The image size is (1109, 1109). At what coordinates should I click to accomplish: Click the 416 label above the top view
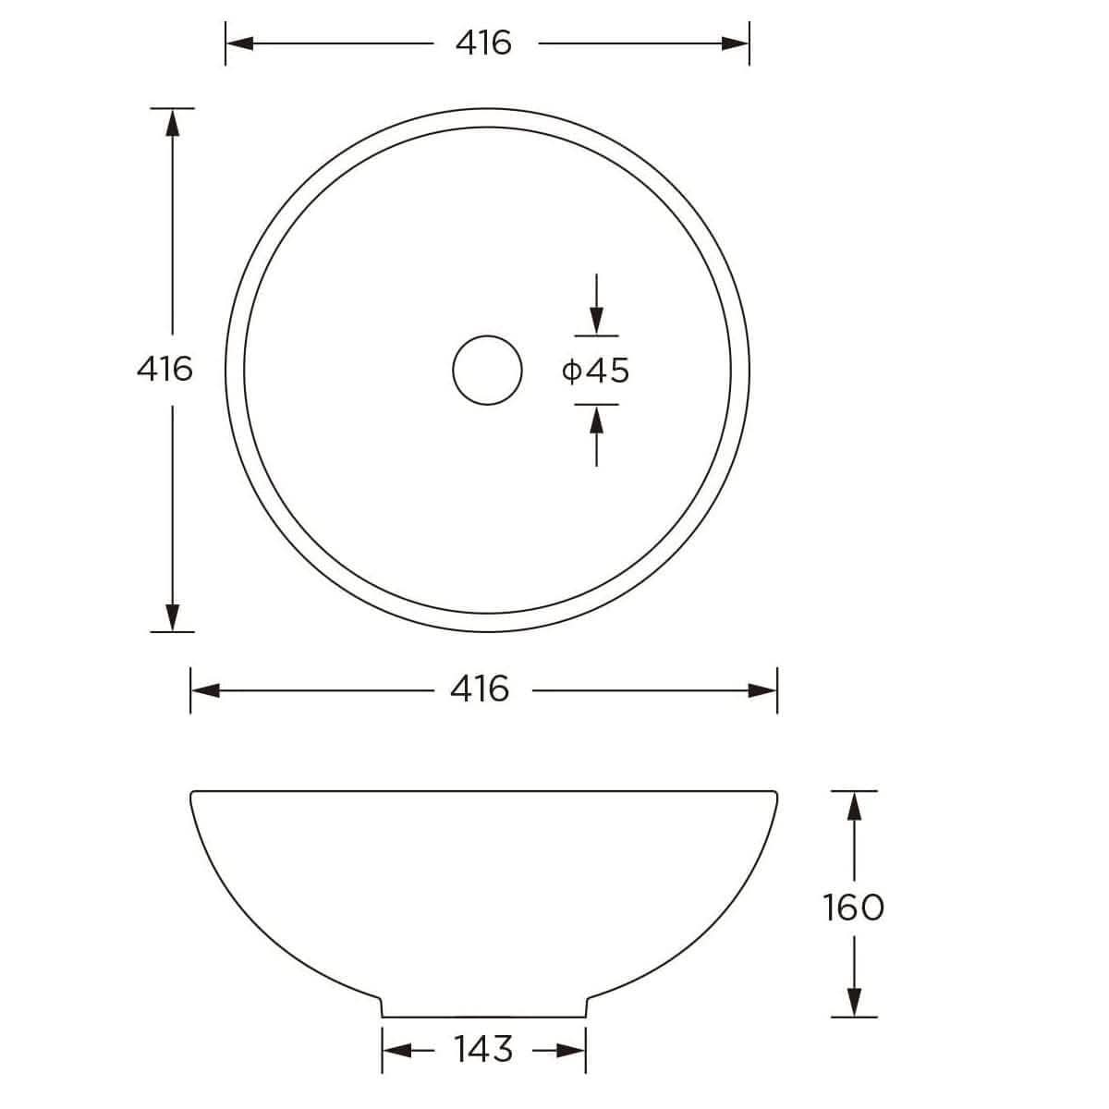coord(484,43)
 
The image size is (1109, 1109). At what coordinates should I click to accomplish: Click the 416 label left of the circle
coord(165,369)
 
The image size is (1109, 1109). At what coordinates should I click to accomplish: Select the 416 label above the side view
coord(480,689)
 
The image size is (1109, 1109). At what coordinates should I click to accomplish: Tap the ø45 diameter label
coord(595,371)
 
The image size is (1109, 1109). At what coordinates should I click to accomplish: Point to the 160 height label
coord(853,907)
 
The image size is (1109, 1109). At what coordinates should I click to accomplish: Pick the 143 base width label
coord(482,1049)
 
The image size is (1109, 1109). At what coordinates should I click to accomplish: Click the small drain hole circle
coord(487,370)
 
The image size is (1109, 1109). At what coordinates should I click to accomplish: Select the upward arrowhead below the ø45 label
coord(597,419)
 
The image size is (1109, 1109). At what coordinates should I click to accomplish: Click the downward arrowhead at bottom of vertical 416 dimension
coord(172,617)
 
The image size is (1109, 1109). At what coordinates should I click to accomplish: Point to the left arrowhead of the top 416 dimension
coord(239,43)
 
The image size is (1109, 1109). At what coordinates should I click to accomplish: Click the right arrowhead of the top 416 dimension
coord(736,43)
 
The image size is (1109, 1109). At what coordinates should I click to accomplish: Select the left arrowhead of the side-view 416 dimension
coord(204,690)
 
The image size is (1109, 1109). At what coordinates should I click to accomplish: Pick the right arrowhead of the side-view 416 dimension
coord(763,690)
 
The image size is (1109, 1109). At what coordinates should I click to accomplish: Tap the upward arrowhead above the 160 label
coord(854,806)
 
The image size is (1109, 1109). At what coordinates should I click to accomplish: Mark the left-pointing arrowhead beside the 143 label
coord(396,1050)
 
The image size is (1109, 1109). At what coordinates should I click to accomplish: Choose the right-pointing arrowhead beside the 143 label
coord(572,1050)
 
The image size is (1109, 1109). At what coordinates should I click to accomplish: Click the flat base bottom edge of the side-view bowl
coord(483,1017)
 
